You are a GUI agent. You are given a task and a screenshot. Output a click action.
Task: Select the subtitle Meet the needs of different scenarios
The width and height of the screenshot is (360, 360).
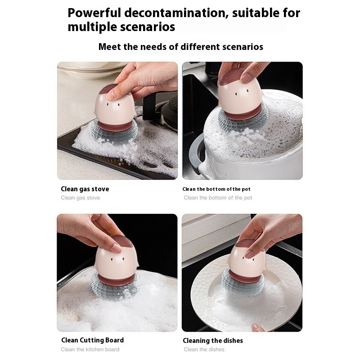(180, 47)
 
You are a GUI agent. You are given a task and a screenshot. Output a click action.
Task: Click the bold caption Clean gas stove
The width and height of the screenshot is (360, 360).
(85, 189)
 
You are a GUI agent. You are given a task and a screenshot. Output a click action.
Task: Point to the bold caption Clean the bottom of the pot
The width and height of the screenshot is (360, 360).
(216, 189)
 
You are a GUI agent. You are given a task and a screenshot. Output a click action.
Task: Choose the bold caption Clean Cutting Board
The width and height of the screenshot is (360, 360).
(92, 340)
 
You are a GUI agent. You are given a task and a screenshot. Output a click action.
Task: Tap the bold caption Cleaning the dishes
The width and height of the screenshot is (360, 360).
(213, 341)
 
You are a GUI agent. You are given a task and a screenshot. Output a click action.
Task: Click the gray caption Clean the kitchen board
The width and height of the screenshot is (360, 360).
(90, 350)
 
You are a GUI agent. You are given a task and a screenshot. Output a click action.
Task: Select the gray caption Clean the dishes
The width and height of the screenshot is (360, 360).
(204, 350)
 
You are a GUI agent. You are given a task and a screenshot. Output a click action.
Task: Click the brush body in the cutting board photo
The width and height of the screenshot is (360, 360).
(116, 259)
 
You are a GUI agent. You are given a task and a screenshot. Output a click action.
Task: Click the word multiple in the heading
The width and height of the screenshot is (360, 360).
(93, 27)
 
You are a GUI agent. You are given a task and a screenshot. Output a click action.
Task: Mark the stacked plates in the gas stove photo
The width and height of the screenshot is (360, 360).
(88, 69)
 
